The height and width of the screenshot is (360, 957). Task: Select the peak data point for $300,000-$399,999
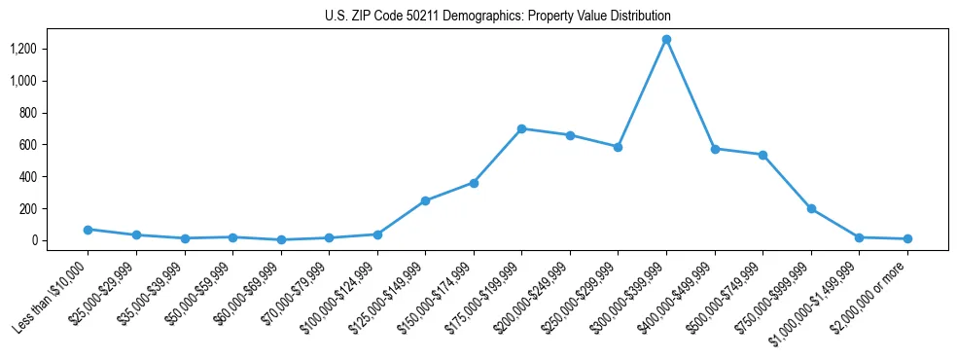point(666,39)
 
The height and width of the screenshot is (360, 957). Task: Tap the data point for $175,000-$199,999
point(522,128)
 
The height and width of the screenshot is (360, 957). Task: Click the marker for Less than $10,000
point(88,230)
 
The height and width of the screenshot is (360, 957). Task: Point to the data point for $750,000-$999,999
point(811,208)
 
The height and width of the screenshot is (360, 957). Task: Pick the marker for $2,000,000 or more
point(907,238)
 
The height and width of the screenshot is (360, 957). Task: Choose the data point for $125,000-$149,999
point(425,200)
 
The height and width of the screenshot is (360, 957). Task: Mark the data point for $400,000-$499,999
point(715,149)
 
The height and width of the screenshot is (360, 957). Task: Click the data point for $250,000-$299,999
point(618,147)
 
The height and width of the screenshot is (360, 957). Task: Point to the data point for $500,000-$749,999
point(762,155)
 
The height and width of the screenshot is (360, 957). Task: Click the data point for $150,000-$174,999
point(474,183)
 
